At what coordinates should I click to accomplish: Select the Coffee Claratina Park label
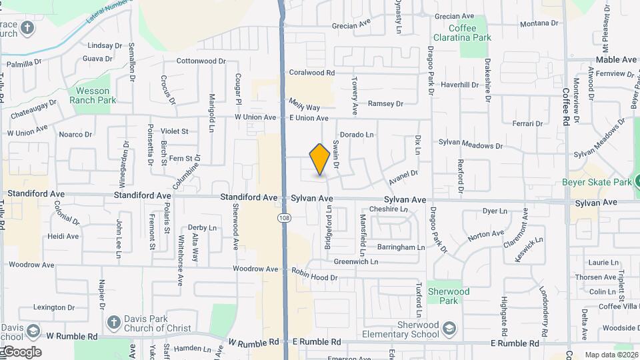462,33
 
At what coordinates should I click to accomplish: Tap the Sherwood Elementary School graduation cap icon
451,329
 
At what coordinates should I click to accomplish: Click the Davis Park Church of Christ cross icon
114,322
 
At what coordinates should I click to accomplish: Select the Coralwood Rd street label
311,72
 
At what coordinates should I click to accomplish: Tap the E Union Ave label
309,118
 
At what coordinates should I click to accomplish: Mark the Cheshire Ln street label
388,209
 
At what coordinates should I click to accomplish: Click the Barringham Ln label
401,247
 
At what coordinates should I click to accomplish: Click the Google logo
21,352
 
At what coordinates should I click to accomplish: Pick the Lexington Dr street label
54,307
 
